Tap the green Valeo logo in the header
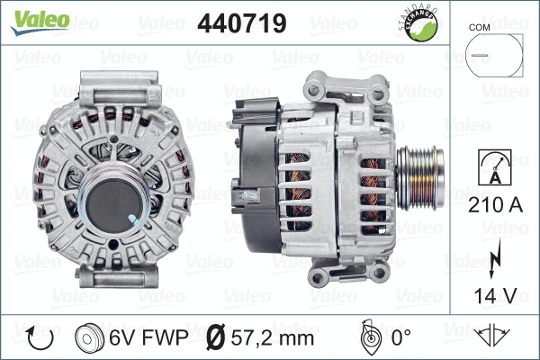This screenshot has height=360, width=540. (39, 21)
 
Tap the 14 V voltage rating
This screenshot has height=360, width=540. (494, 293)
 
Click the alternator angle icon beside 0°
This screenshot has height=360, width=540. (369, 337)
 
